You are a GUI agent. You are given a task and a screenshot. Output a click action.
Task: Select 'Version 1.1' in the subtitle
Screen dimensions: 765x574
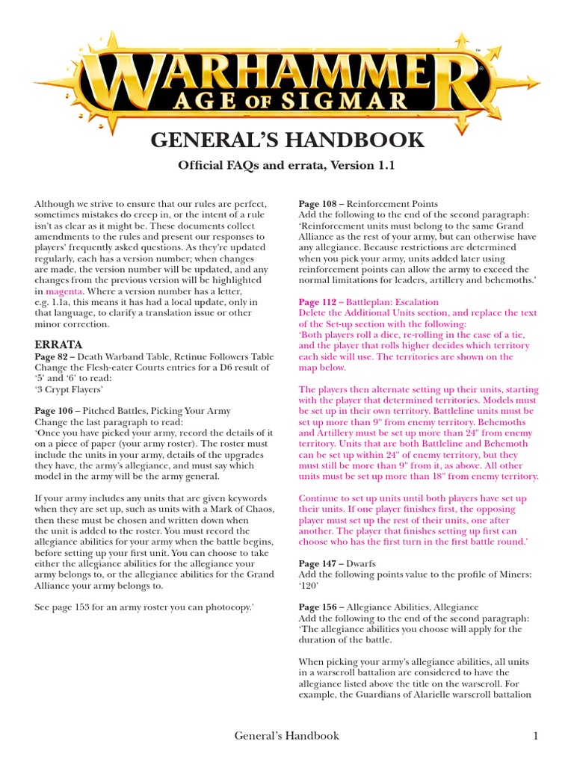point(364,165)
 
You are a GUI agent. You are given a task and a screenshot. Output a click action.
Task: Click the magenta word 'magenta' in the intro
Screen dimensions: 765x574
point(64,291)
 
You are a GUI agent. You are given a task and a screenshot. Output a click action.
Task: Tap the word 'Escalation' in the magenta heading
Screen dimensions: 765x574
point(416,302)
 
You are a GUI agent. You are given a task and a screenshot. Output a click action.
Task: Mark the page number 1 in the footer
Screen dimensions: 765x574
point(535,736)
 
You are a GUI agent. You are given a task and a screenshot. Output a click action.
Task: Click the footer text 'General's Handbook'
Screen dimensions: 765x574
point(287,736)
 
